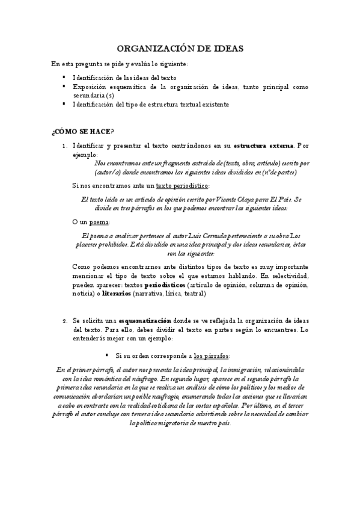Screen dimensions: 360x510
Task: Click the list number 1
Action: click(x=64, y=146)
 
